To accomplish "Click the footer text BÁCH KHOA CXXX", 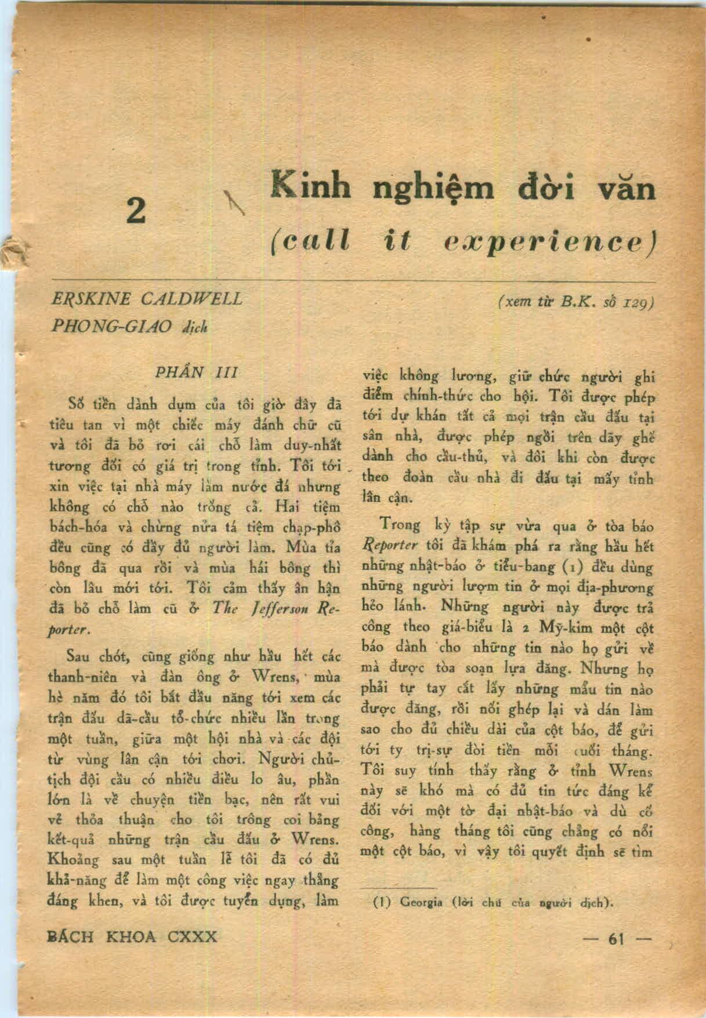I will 132,936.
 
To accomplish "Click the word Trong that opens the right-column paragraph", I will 400,525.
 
